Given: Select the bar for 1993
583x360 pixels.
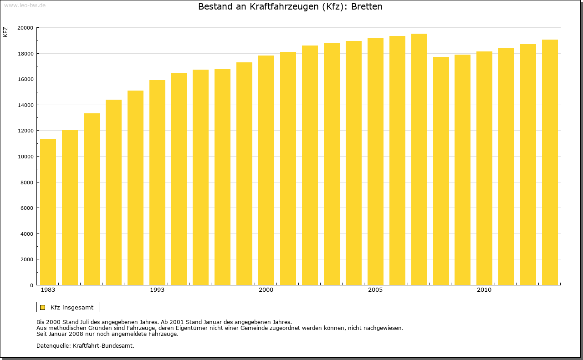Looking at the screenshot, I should (x=157, y=182).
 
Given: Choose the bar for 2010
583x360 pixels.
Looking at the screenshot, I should (x=484, y=168).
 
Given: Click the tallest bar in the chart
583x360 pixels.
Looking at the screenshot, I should (x=419, y=159).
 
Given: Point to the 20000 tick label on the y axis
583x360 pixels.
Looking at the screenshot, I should (x=25, y=28).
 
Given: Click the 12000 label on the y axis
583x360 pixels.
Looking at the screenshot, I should (x=25, y=131).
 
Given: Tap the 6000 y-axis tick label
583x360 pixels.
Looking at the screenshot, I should (x=26, y=208).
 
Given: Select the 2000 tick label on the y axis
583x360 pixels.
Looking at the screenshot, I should (x=26, y=259).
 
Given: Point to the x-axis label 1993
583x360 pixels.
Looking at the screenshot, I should (x=157, y=290).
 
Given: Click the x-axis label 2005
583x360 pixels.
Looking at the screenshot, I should (x=375, y=290).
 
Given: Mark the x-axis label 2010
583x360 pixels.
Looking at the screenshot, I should (x=484, y=290).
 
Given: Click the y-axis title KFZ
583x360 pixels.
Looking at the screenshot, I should (x=5, y=32).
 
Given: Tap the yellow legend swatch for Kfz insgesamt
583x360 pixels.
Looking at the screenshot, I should (x=42, y=307).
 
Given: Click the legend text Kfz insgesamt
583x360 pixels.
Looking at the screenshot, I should (x=72, y=307).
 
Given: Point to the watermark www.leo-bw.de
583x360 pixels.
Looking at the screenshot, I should (x=25, y=5).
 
